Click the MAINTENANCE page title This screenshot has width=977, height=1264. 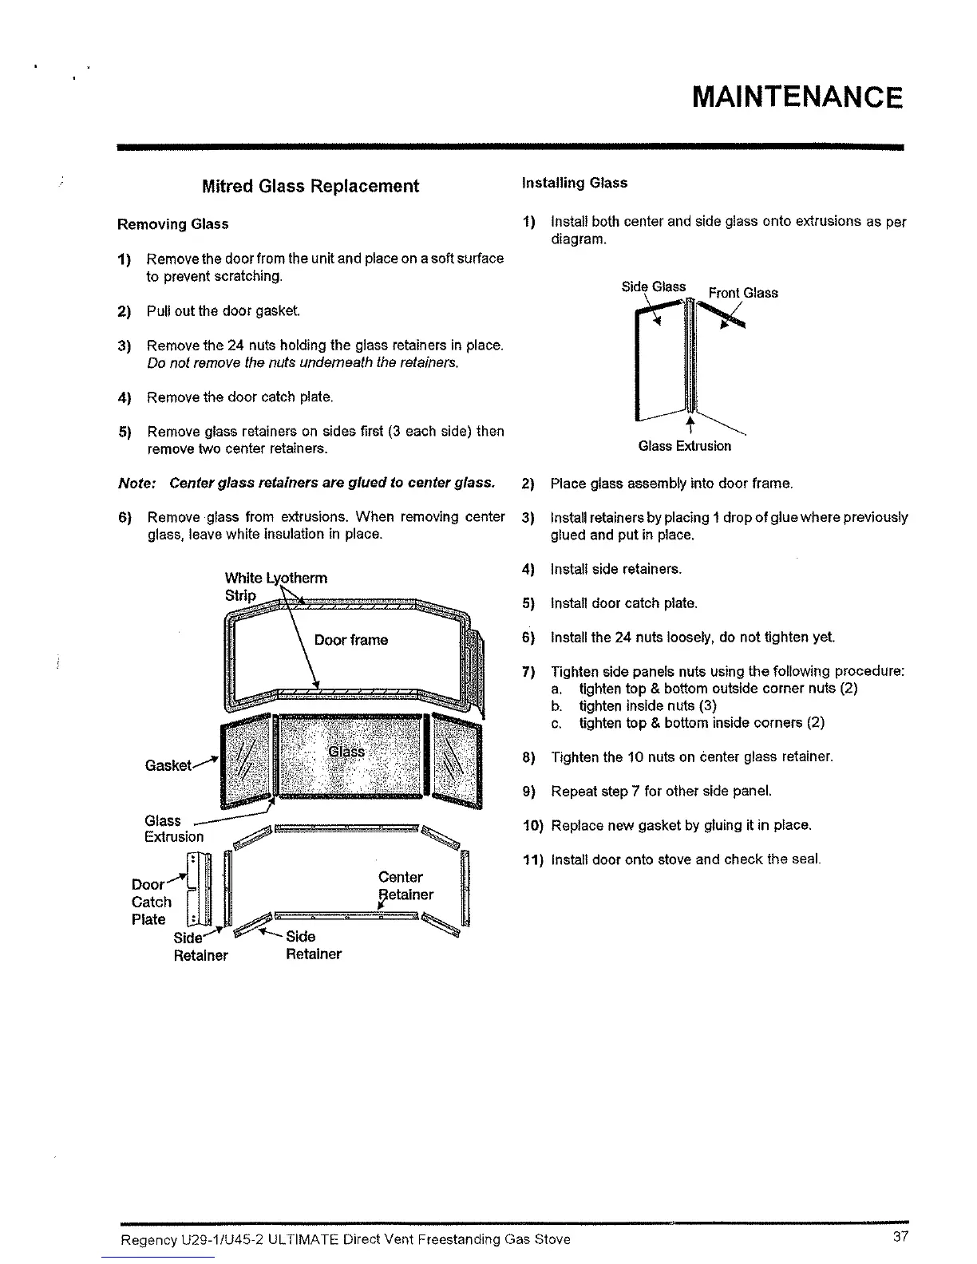coord(797,97)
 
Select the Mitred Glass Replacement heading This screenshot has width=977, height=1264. coord(311,186)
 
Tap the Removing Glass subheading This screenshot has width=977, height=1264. coord(172,224)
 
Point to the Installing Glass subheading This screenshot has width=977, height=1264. coord(575,183)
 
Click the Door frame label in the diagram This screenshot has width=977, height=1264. coord(351,640)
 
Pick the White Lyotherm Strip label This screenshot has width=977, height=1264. coord(275,586)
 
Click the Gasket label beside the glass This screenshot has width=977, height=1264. coord(168,765)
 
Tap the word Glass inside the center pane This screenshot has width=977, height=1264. coord(346,752)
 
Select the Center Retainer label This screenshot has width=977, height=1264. coord(405,886)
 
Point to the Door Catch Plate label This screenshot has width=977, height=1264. coord(151,902)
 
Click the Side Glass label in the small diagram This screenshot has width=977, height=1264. coord(654,286)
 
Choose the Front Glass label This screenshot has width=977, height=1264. coord(743,293)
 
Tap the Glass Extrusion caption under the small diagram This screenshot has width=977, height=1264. coord(684,446)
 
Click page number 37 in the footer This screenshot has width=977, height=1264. coord(901,1238)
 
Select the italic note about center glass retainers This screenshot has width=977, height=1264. coord(306,483)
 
